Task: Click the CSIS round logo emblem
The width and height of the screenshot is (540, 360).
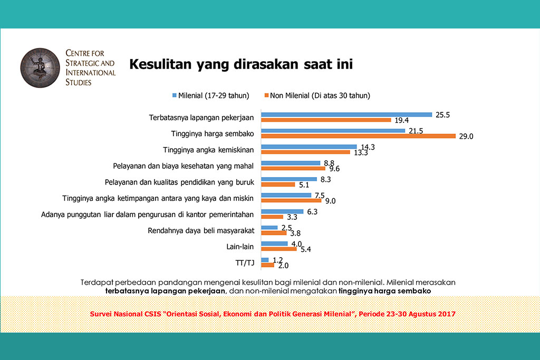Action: (40, 68)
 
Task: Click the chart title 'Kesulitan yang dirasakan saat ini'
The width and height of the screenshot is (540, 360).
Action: (241, 64)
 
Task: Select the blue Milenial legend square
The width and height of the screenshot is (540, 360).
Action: (175, 95)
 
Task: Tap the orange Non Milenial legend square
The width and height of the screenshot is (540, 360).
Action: (266, 95)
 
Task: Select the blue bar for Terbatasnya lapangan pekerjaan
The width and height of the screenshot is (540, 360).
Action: (346, 114)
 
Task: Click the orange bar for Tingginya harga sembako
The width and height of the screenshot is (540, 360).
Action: (358, 136)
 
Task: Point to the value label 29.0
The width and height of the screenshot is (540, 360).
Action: (466, 137)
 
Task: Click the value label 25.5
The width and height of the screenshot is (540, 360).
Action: (442, 115)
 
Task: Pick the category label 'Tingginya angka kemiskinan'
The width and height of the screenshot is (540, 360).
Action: (208, 150)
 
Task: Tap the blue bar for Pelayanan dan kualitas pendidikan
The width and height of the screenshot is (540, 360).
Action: (289, 179)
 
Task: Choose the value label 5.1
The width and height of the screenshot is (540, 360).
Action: (304, 185)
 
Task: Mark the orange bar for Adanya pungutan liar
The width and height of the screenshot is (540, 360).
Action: (272, 217)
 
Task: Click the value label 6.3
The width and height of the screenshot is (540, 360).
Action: (312, 212)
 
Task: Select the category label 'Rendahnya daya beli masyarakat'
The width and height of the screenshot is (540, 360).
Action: (201, 230)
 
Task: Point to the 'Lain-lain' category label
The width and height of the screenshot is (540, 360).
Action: (240, 247)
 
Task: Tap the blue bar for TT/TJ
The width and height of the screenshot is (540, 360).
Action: (265, 260)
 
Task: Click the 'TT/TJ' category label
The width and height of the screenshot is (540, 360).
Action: (245, 263)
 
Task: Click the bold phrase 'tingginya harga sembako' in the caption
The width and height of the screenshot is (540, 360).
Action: (384, 291)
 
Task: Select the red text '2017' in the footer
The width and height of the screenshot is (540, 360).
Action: (447, 314)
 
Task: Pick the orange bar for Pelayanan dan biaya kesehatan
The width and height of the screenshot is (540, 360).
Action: (293, 168)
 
